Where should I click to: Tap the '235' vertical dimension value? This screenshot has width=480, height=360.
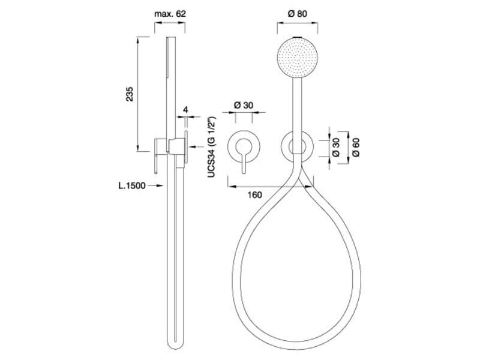click(130, 94)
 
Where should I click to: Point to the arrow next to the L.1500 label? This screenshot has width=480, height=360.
click(157, 185)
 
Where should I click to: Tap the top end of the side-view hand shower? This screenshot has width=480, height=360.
click(170, 39)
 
